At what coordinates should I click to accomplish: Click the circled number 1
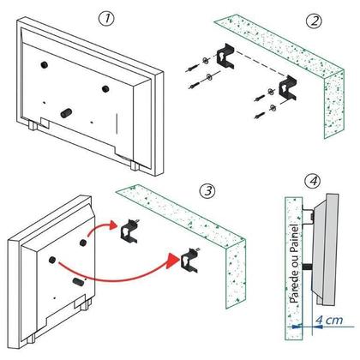tap(105, 18)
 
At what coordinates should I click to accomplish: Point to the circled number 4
tap(315, 182)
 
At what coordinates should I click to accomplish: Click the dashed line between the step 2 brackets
tap(257, 71)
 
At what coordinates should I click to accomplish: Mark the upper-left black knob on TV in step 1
tap(42, 63)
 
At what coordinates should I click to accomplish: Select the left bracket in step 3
tap(131, 228)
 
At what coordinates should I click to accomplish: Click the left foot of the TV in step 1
tap(32, 125)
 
